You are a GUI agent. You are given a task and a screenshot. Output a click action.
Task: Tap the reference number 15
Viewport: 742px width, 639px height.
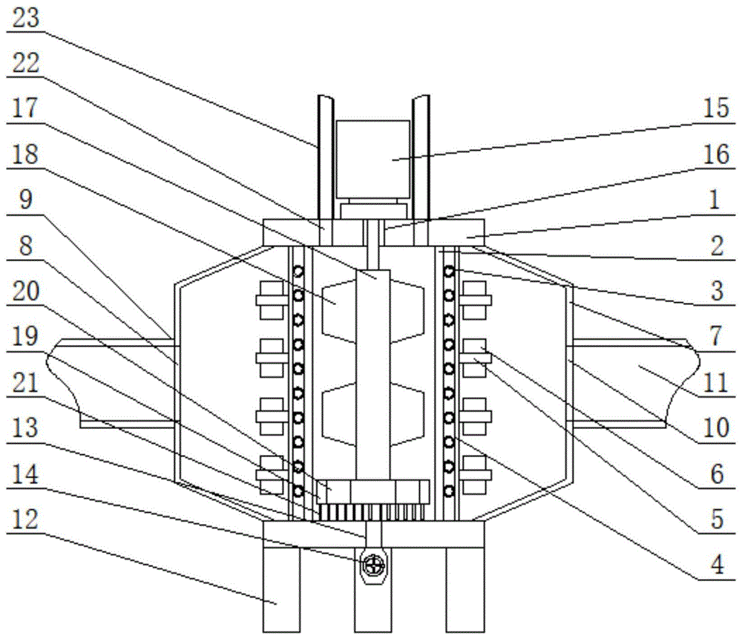716,108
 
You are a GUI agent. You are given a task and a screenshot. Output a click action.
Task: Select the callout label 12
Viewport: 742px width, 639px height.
24,520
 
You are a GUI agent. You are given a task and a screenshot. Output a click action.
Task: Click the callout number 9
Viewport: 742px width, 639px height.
25,200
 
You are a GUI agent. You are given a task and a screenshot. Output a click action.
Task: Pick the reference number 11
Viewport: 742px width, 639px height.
715,382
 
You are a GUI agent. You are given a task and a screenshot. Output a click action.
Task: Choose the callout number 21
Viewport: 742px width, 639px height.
24,382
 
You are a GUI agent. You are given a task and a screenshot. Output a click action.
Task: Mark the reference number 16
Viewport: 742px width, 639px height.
717,154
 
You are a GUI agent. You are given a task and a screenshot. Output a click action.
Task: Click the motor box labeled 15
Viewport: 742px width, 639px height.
372,159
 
